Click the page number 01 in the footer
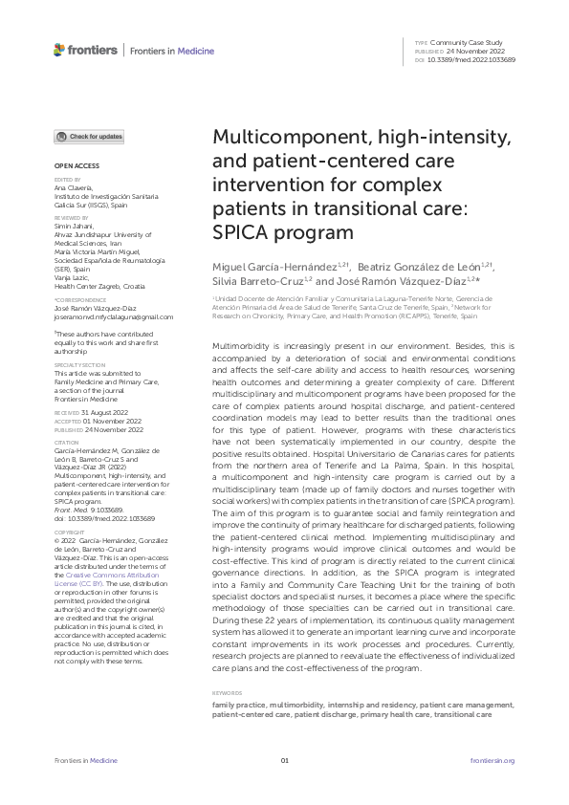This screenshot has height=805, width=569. pyautogui.click(x=284, y=760)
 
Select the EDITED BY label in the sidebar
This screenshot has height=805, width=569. pyautogui.click(x=65, y=179)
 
